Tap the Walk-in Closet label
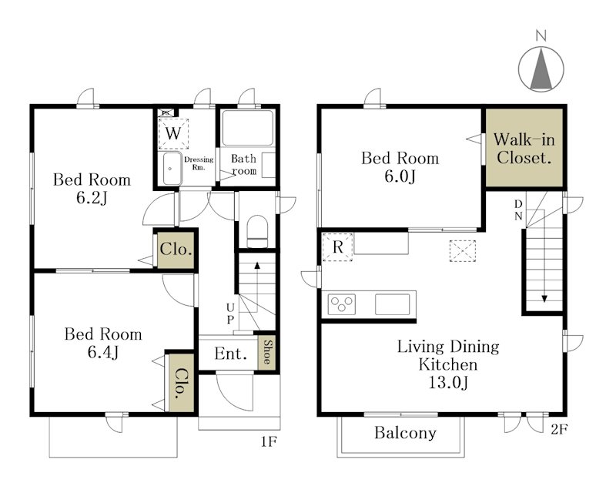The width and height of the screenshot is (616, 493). pyautogui.click(x=524, y=148)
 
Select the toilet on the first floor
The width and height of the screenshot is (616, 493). pyautogui.click(x=257, y=232)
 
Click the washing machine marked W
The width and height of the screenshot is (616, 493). pyautogui.click(x=173, y=134)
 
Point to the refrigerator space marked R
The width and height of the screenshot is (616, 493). pyautogui.click(x=337, y=247)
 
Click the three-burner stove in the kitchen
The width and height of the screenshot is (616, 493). pyautogui.click(x=341, y=304)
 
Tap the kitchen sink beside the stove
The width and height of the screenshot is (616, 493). pyautogui.click(x=392, y=304)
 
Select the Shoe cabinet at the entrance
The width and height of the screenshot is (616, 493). pyautogui.click(x=266, y=353)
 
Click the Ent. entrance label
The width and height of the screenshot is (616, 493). pyautogui.click(x=230, y=354)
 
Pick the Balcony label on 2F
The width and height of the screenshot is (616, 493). pyautogui.click(x=405, y=433)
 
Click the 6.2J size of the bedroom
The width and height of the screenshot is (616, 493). pyautogui.click(x=92, y=198)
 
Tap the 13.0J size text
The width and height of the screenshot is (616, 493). pyautogui.click(x=448, y=382)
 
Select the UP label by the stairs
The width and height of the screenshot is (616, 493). pyautogui.click(x=230, y=314)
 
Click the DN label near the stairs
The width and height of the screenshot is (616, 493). pyautogui.click(x=518, y=210)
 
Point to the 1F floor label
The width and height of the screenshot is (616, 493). pyautogui.click(x=269, y=442)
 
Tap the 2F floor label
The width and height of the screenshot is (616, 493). pyautogui.click(x=559, y=429)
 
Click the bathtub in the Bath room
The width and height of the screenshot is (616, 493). pyautogui.click(x=247, y=128)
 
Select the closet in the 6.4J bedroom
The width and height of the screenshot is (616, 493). pyautogui.click(x=181, y=383)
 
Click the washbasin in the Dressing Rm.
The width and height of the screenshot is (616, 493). pyautogui.click(x=172, y=168)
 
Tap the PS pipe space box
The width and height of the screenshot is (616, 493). pyautogui.click(x=166, y=112)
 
